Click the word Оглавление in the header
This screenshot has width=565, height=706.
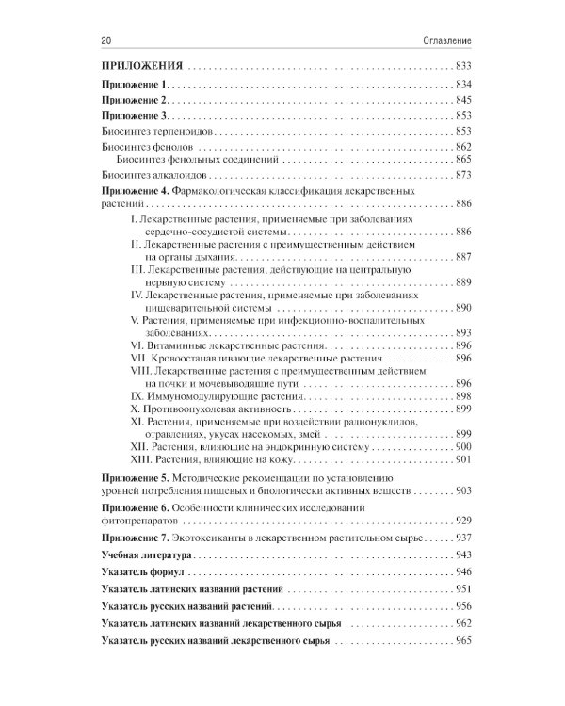pos(444,41)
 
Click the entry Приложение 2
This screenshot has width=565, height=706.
pos(133,100)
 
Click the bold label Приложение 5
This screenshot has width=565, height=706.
pos(133,479)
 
